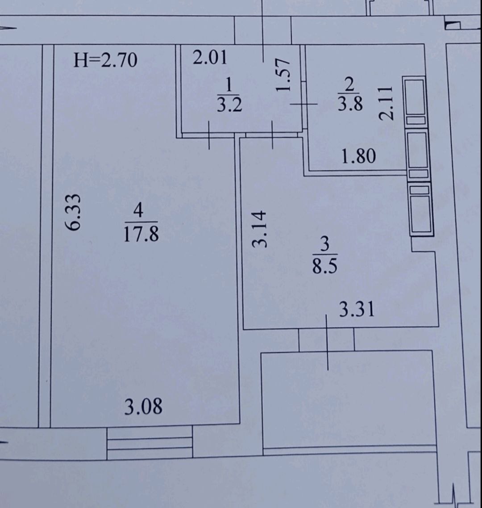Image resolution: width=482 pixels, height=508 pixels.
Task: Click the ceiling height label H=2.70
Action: (105, 60)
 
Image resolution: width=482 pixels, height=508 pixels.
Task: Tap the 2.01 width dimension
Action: (210, 58)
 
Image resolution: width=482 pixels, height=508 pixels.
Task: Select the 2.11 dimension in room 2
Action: (386, 103)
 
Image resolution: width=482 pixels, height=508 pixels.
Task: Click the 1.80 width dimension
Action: (359, 156)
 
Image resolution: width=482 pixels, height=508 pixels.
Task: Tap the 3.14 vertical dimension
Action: (260, 229)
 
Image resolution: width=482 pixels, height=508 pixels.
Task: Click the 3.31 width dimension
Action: (357, 309)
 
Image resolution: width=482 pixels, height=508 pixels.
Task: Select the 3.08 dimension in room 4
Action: (143, 407)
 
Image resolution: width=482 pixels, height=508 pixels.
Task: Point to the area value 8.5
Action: (324, 266)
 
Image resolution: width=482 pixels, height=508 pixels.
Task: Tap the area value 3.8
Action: (350, 104)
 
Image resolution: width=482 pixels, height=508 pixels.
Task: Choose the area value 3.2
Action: (229, 105)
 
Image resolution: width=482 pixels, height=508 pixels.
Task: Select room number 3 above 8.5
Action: (325, 244)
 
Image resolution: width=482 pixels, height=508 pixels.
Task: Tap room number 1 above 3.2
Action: (229, 85)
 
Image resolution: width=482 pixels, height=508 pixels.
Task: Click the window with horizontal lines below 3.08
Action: (150, 443)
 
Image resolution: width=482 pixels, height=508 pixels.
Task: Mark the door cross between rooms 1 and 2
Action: (303, 104)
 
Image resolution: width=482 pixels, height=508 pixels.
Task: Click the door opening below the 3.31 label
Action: (326, 340)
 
